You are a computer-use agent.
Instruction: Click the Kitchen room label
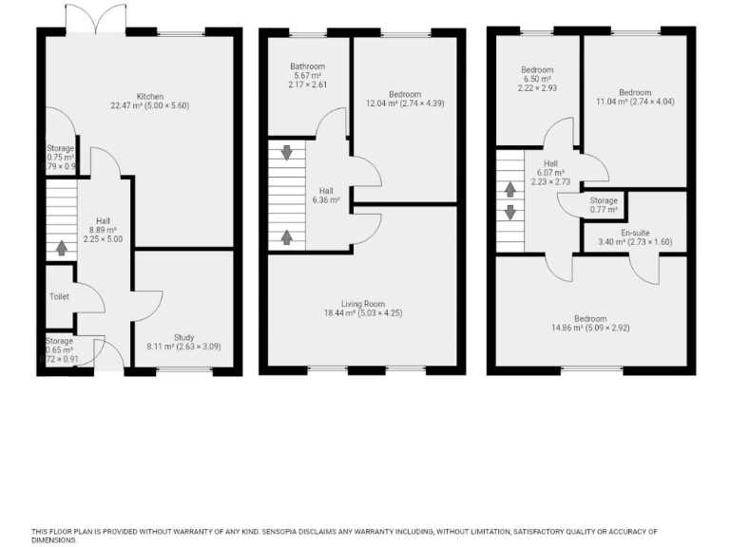click(x=150, y=96)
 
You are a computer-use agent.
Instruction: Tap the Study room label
click(x=182, y=338)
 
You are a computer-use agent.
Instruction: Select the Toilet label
click(x=60, y=296)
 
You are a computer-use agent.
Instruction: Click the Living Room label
click(x=364, y=302)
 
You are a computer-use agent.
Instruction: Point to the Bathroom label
click(x=307, y=66)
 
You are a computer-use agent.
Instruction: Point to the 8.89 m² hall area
click(x=103, y=230)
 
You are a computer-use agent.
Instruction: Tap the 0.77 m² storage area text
click(x=604, y=210)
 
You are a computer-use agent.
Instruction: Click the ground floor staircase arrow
click(x=62, y=249)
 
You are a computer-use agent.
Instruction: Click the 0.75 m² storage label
click(x=60, y=148)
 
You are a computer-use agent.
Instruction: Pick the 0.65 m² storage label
click(x=59, y=341)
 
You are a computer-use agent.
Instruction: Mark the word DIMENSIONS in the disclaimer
click(x=54, y=539)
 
